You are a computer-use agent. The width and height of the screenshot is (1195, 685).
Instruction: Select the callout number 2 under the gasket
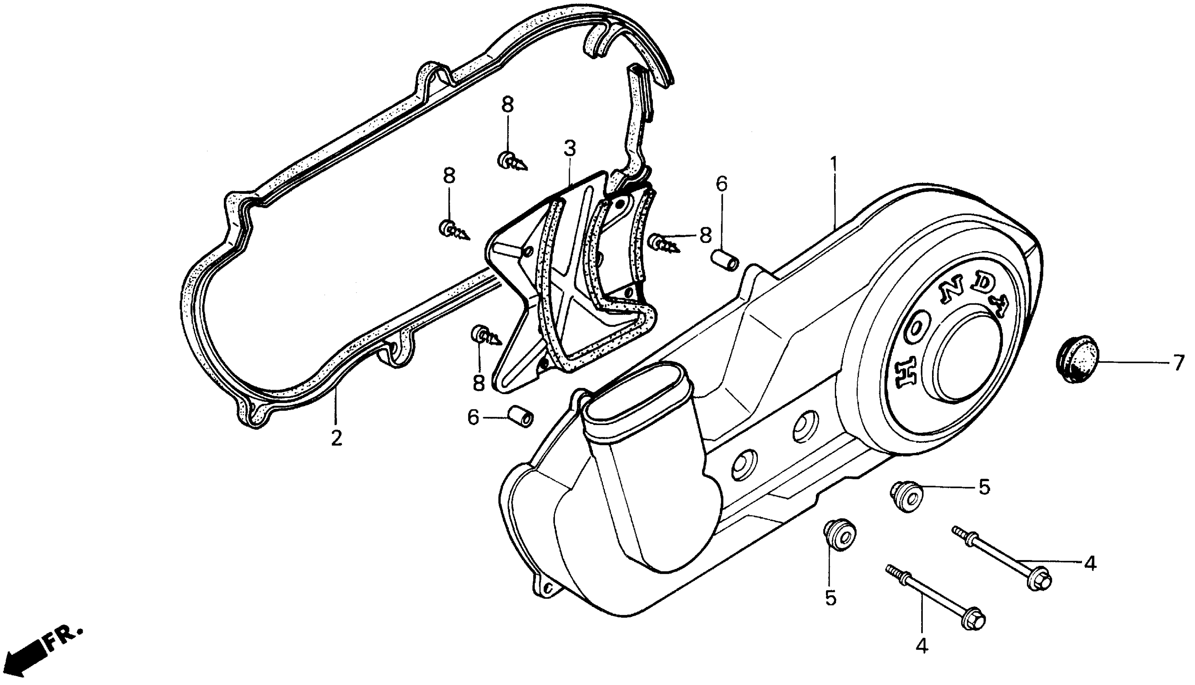pyautogui.click(x=336, y=438)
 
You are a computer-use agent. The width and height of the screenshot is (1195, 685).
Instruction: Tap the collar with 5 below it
pyautogui.click(x=840, y=533)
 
